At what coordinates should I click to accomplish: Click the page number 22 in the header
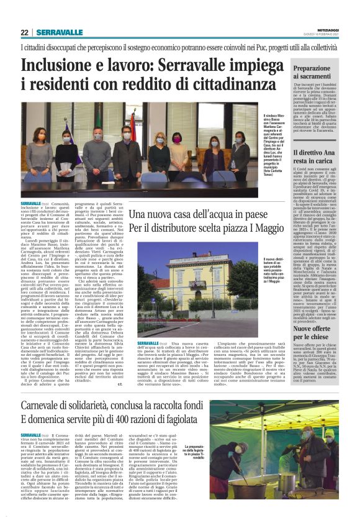25,32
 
